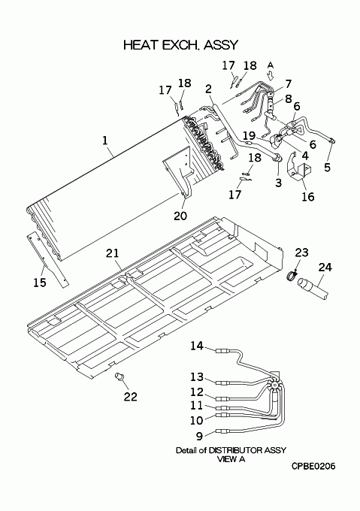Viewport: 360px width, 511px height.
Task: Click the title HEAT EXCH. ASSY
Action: pos(181,45)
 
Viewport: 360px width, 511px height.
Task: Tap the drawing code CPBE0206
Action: pos(313,467)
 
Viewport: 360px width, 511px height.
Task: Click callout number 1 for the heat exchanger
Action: pos(104,141)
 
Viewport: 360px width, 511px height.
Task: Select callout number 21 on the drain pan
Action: pos(113,253)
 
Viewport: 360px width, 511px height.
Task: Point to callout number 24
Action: pos(325,268)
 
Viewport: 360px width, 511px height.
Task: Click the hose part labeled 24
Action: pos(313,287)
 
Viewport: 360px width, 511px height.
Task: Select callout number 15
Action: pos(40,283)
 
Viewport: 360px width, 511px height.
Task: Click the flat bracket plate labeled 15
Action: pos(47,260)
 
